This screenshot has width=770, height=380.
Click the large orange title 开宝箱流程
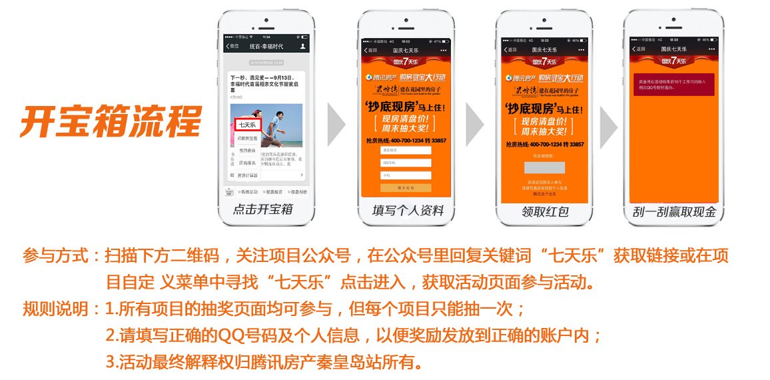coord(111,120)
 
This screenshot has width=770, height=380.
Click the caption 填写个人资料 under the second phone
coord(408,211)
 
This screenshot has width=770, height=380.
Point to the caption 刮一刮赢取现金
coord(674,212)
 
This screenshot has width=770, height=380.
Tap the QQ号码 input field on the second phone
coord(406,163)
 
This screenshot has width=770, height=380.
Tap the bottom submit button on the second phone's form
coord(406,187)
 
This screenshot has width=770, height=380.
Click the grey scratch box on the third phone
coord(544,167)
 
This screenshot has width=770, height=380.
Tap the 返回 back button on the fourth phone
coord(639,49)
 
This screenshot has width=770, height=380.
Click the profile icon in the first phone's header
coord(303,47)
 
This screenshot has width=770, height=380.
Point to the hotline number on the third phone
coord(544,144)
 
